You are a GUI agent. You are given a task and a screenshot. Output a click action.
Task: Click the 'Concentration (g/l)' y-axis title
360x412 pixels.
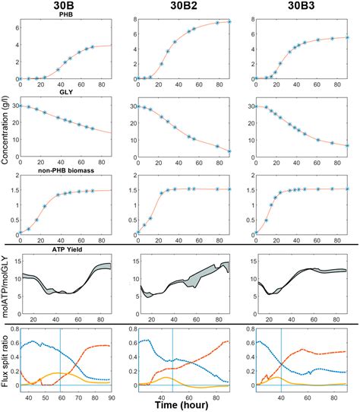(x=6, y=137)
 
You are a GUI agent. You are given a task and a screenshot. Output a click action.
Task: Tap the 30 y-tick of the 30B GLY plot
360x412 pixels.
(x=17, y=106)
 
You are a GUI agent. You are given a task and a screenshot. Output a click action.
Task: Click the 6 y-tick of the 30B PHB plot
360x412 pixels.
(x=18, y=28)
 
